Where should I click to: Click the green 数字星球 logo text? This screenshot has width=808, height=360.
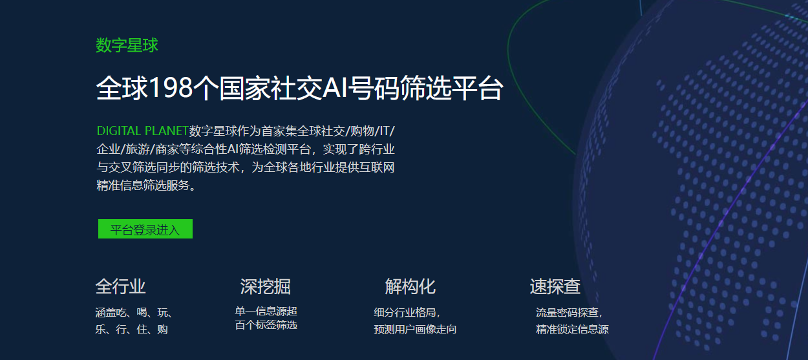tap(127, 45)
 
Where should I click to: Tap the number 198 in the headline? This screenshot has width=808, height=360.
tap(171, 88)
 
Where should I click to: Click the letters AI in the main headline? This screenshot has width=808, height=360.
tap(335, 88)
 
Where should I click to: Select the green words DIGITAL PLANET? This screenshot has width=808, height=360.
tap(142, 131)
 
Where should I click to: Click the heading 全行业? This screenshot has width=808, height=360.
tap(120, 286)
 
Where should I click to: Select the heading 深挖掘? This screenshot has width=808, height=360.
tap(266, 286)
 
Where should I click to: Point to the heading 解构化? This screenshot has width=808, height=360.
tap(410, 286)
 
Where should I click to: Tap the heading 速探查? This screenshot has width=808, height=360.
tap(555, 286)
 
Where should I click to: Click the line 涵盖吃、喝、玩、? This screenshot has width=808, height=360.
tap(134, 312)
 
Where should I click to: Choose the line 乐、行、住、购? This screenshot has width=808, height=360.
tap(132, 330)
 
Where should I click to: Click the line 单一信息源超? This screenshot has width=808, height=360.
tap(266, 311)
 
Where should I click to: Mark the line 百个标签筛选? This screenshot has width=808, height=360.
tap(266, 325)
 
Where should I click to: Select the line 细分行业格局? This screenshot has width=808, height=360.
tap(407, 312)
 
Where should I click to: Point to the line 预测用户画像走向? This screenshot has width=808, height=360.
tap(415, 330)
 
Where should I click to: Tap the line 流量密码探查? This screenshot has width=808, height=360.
tap(569, 312)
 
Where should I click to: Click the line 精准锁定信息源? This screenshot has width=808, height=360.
tap(573, 330)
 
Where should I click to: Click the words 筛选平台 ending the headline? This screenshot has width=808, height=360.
tap(452, 88)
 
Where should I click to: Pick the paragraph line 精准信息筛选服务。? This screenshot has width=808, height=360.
tap(147, 185)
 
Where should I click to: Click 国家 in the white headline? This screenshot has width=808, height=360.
tap(244, 88)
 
